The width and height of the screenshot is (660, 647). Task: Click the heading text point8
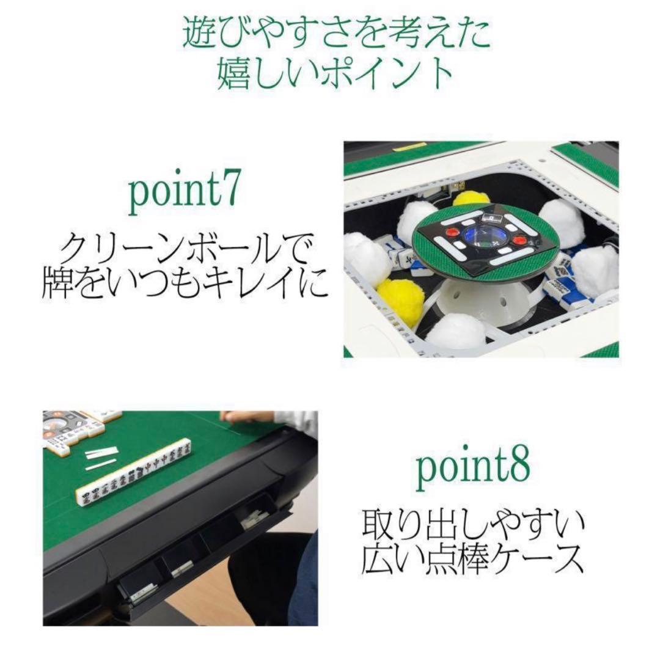coord(472,467)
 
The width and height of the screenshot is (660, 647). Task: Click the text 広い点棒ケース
coord(472,557)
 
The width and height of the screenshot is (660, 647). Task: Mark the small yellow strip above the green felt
coord(409,147)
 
